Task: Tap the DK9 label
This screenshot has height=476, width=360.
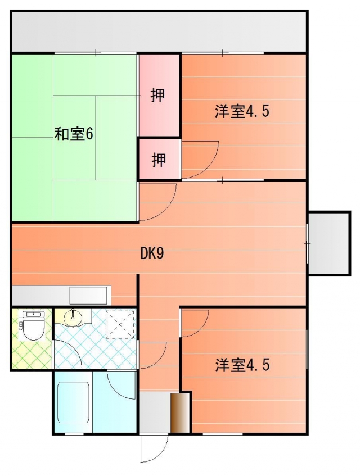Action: (x=152, y=253)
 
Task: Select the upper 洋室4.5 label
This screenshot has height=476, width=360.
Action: (x=242, y=111)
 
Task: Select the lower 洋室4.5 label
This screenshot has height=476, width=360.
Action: (x=242, y=365)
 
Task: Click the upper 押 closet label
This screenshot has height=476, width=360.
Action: (x=159, y=96)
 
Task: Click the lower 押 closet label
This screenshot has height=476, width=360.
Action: (x=159, y=160)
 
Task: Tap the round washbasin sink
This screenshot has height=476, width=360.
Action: (x=73, y=318)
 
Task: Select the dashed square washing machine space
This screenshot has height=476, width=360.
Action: (x=121, y=324)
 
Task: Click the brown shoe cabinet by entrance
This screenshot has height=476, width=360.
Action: (x=179, y=413)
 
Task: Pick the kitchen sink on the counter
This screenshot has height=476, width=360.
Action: (x=88, y=295)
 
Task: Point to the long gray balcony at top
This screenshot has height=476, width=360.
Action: (x=159, y=31)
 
